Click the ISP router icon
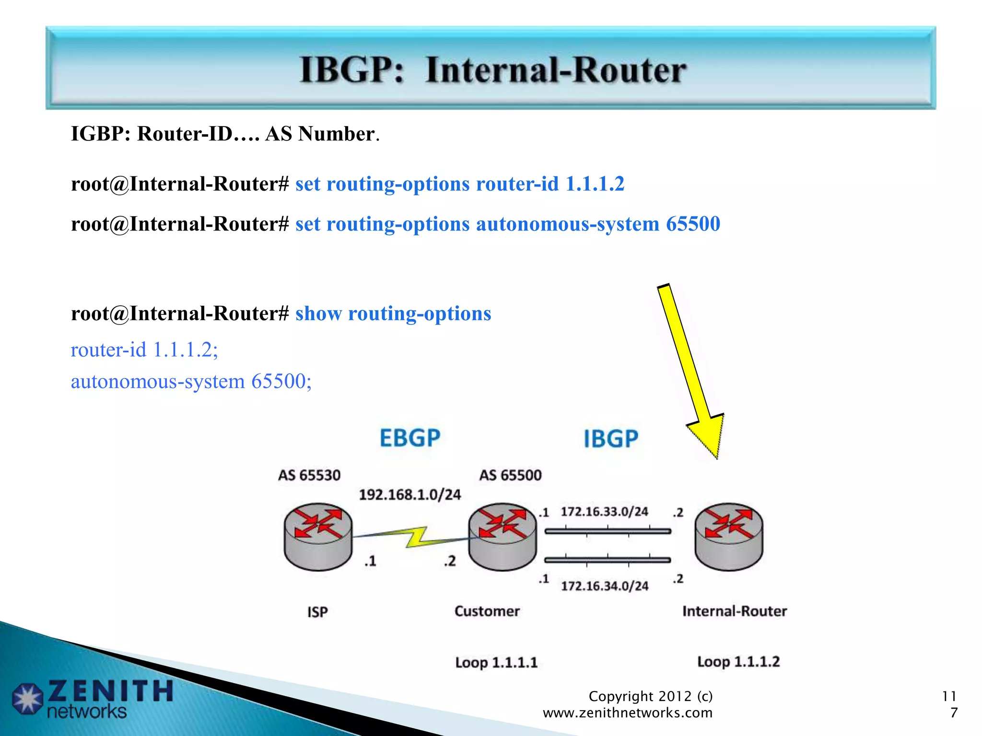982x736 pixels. tap(318, 536)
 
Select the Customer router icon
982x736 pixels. tap(502, 536)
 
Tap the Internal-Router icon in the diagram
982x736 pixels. tap(728, 536)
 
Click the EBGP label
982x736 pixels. tap(410, 438)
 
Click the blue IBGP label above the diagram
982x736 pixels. tap(611, 439)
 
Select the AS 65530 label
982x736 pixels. tap(309, 475)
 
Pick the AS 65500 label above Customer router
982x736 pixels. tap(510, 475)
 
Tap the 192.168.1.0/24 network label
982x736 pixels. tap(410, 494)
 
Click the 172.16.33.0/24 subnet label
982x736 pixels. tap(604, 512)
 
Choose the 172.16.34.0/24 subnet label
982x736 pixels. tap(605, 586)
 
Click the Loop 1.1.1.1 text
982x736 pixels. tap(496, 663)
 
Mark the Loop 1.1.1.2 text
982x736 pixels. tap(738, 662)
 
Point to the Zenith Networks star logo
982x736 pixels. tap(28, 698)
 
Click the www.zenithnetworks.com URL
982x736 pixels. tap(627, 713)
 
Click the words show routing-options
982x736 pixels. tap(393, 314)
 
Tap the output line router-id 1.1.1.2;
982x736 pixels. tap(144, 350)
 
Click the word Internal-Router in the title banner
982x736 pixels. tap(555, 70)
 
